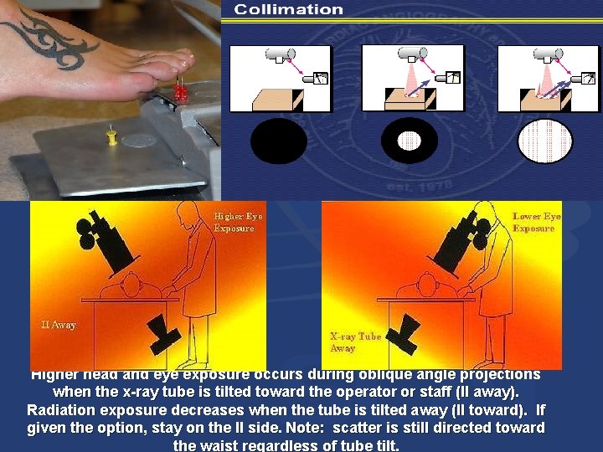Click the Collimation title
tap(288, 10)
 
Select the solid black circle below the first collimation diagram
tap(279, 141)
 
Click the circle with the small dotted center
tap(409, 141)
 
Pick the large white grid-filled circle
tap(544, 141)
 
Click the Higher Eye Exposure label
tap(239, 222)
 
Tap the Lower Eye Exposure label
tap(536, 222)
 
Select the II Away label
tap(59, 325)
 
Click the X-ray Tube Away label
tap(355, 342)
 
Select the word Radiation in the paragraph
tap(65, 410)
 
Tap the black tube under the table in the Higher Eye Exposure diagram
tap(161, 333)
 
